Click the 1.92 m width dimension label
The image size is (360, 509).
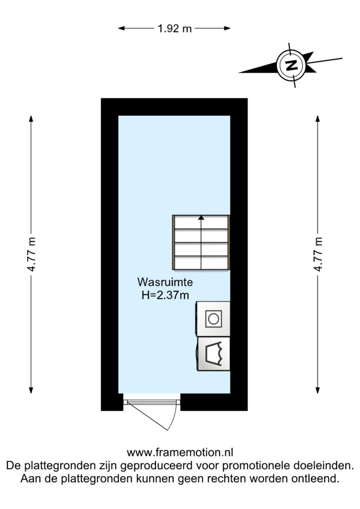click(175, 28)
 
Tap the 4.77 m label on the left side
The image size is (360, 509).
click(31, 254)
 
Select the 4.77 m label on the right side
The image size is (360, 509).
click(318, 254)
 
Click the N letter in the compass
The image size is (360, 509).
click(291, 65)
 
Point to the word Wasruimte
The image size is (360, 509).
click(165, 282)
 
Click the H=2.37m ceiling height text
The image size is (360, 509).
click(165, 295)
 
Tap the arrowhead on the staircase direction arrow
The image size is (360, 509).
click(201, 218)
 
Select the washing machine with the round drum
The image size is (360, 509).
click(213, 319)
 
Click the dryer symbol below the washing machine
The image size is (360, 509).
click(213, 353)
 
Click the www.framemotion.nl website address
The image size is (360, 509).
click(180, 452)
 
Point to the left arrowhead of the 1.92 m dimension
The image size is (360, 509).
click(121, 28)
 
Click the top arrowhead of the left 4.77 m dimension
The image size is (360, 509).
click(31, 119)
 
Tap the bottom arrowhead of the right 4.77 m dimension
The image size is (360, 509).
click(318, 390)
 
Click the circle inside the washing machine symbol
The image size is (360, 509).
click(213, 319)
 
